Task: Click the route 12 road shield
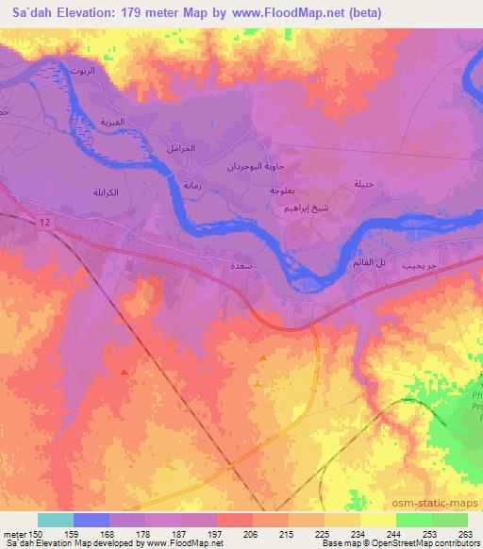pos(44,221)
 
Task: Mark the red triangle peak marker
pos(125,371)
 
